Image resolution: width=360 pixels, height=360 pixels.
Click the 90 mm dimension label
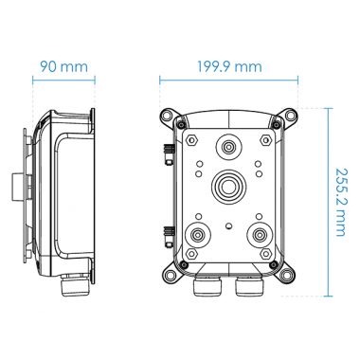pyautogui.click(x=63, y=68)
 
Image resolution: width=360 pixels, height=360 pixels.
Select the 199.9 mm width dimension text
pyautogui.click(x=225, y=68)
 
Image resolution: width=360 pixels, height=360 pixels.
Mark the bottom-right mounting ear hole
pyautogui.click(x=289, y=275)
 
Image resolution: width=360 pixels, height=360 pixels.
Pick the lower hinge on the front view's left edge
pyautogui.click(x=167, y=231)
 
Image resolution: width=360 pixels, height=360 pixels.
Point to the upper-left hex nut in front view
pyautogui.click(x=192, y=139)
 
